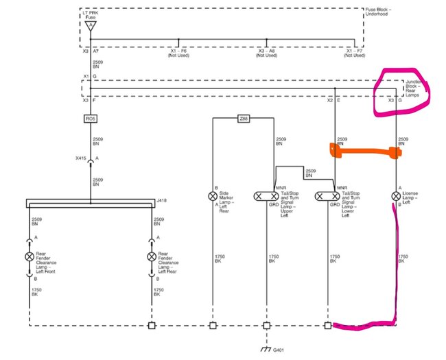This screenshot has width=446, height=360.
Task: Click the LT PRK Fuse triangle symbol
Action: click(91, 25)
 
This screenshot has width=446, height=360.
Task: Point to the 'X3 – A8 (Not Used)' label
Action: click(266, 53)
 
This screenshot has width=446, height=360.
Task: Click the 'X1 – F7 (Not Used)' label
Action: click(354, 53)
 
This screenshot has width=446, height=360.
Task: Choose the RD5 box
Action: click(90, 119)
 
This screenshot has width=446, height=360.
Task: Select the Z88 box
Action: click(243, 119)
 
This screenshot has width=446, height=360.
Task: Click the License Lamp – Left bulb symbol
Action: click(396, 196)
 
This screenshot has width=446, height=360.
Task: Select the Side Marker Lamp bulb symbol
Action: click(212, 196)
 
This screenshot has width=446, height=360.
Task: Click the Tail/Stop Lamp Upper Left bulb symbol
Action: click(264, 196)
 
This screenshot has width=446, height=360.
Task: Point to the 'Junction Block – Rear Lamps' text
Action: click(414, 88)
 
